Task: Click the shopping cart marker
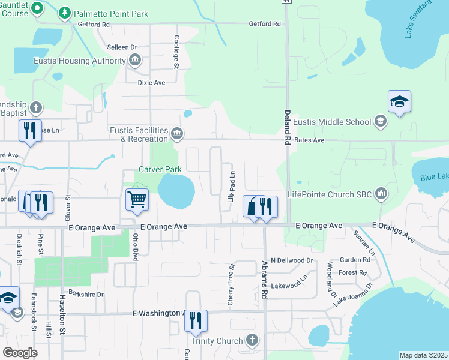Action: [137, 199]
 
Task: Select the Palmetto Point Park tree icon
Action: [65, 12]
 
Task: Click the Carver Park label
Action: [160, 170]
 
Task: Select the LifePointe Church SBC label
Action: [330, 194]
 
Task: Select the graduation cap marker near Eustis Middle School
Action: [399, 102]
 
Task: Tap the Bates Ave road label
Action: [312, 140]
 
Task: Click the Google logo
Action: [20, 352]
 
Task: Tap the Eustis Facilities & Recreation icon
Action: [176, 133]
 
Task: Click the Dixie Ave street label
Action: [151, 83]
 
